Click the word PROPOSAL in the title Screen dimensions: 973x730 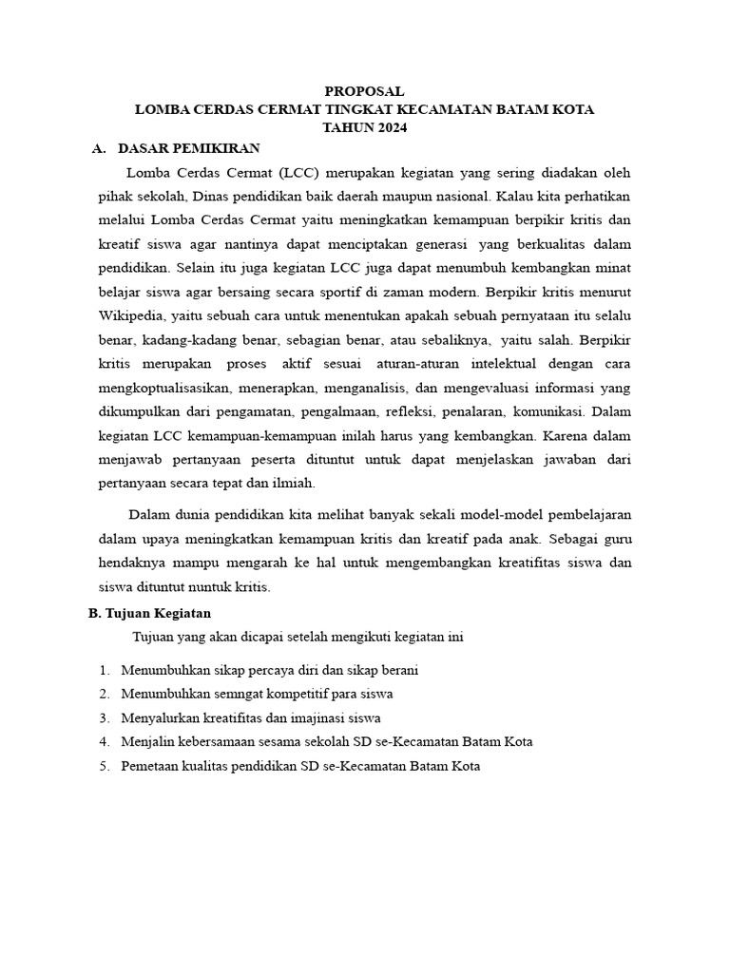(364, 92)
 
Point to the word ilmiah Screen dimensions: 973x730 (294, 483)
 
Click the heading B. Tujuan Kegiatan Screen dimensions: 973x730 (150, 614)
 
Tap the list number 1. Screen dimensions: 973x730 (104, 670)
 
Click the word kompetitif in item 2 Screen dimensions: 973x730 (292, 694)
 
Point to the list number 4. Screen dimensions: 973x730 (104, 741)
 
